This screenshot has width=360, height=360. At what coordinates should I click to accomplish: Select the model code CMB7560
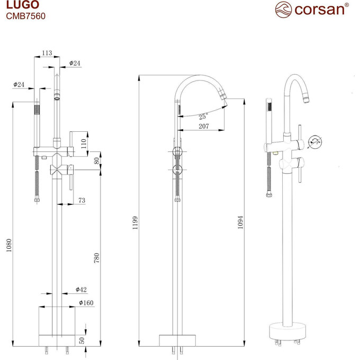click(x=25, y=16)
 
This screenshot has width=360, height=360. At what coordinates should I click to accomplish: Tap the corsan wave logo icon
click(x=283, y=9)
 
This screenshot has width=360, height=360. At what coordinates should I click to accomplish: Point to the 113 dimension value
click(x=47, y=53)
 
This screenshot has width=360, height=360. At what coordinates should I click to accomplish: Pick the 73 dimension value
click(x=82, y=200)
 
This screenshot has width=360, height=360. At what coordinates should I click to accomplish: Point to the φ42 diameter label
click(x=81, y=290)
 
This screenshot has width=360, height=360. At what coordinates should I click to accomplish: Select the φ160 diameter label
click(x=86, y=302)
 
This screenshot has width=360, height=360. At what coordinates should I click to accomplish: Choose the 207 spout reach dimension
click(x=204, y=127)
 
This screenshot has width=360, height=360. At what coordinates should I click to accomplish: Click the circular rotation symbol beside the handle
click(x=316, y=141)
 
